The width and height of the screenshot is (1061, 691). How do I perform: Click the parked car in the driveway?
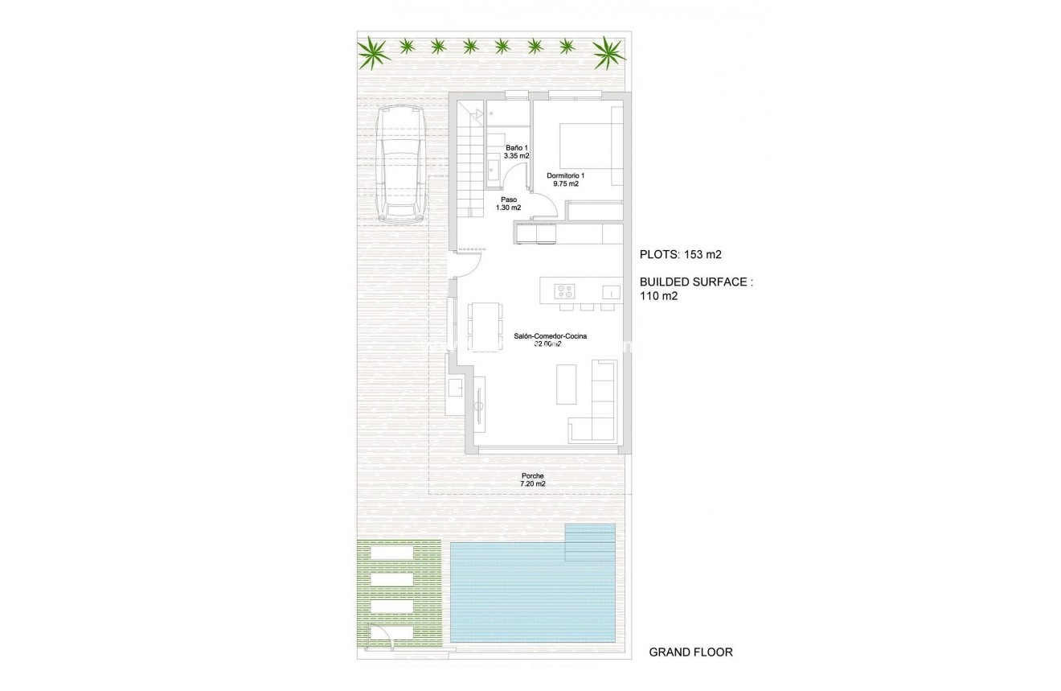click(402, 164)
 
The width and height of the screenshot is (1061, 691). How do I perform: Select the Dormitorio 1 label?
click(566, 180)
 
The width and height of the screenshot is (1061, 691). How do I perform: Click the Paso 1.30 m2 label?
click(508, 204)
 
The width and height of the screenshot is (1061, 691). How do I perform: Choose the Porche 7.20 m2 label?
click(533, 479)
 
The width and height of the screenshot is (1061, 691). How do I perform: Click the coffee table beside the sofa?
click(567, 385)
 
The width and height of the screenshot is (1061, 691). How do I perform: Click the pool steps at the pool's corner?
click(591, 542)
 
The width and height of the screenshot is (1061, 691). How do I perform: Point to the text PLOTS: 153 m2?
click(680, 255)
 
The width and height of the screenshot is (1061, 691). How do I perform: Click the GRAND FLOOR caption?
click(690, 652)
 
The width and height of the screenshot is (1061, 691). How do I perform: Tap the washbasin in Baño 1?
click(491, 167)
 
